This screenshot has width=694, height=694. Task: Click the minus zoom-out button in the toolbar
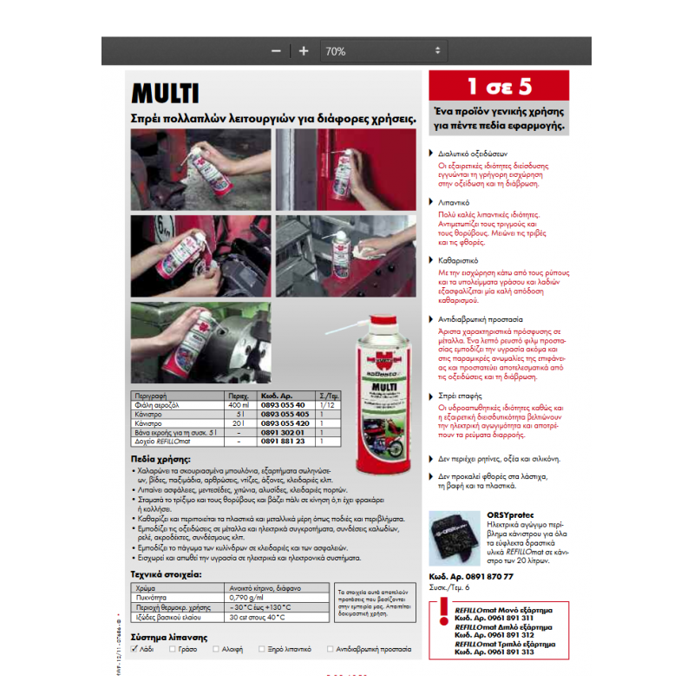coord(276,51)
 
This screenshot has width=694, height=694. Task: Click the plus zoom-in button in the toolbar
coord(304,51)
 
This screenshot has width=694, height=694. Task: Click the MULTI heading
coord(166,94)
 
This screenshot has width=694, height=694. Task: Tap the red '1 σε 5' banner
coord(499,88)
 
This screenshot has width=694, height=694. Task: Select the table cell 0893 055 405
coord(283,415)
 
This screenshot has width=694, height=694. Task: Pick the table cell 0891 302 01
coord(283,433)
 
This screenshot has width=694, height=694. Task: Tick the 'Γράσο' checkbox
coord(174,648)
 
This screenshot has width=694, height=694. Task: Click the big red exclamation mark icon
coord(444,610)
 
